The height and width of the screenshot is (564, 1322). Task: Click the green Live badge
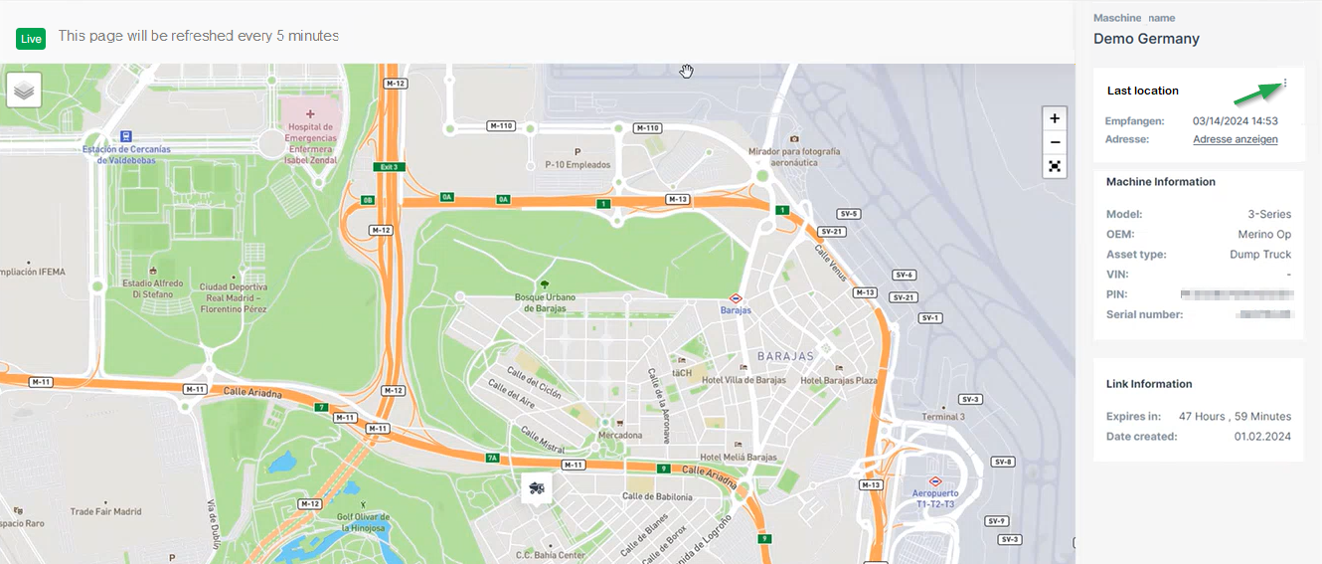pos(31,39)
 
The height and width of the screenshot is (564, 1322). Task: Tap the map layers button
pos(24,90)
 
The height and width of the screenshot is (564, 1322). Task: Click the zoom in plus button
pos(1055,118)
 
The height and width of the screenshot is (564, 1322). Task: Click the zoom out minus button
pos(1055,142)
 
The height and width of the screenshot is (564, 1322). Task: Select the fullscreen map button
pos(1055,166)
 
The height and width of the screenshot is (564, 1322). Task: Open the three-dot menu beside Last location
pos(1285,84)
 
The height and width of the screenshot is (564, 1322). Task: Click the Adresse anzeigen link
pos(1236,139)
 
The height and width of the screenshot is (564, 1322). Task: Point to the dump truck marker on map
pos(537,487)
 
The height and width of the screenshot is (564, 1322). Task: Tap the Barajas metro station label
pos(736,309)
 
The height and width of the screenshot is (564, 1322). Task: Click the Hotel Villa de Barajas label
pos(744,380)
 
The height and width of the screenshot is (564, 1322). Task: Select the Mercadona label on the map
pos(620,435)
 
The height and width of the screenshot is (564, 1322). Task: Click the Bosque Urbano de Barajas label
pos(545,302)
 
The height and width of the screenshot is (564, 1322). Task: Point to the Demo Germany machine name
pos(1146,39)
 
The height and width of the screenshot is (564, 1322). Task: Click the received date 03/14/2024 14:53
pos(1235,121)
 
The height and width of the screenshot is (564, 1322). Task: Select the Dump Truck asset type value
pos(1260,255)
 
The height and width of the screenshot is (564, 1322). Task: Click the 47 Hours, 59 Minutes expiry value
pos(1235,417)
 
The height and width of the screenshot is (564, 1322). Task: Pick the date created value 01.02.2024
pos(1262,437)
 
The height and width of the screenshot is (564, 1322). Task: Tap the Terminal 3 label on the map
pos(942,417)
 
